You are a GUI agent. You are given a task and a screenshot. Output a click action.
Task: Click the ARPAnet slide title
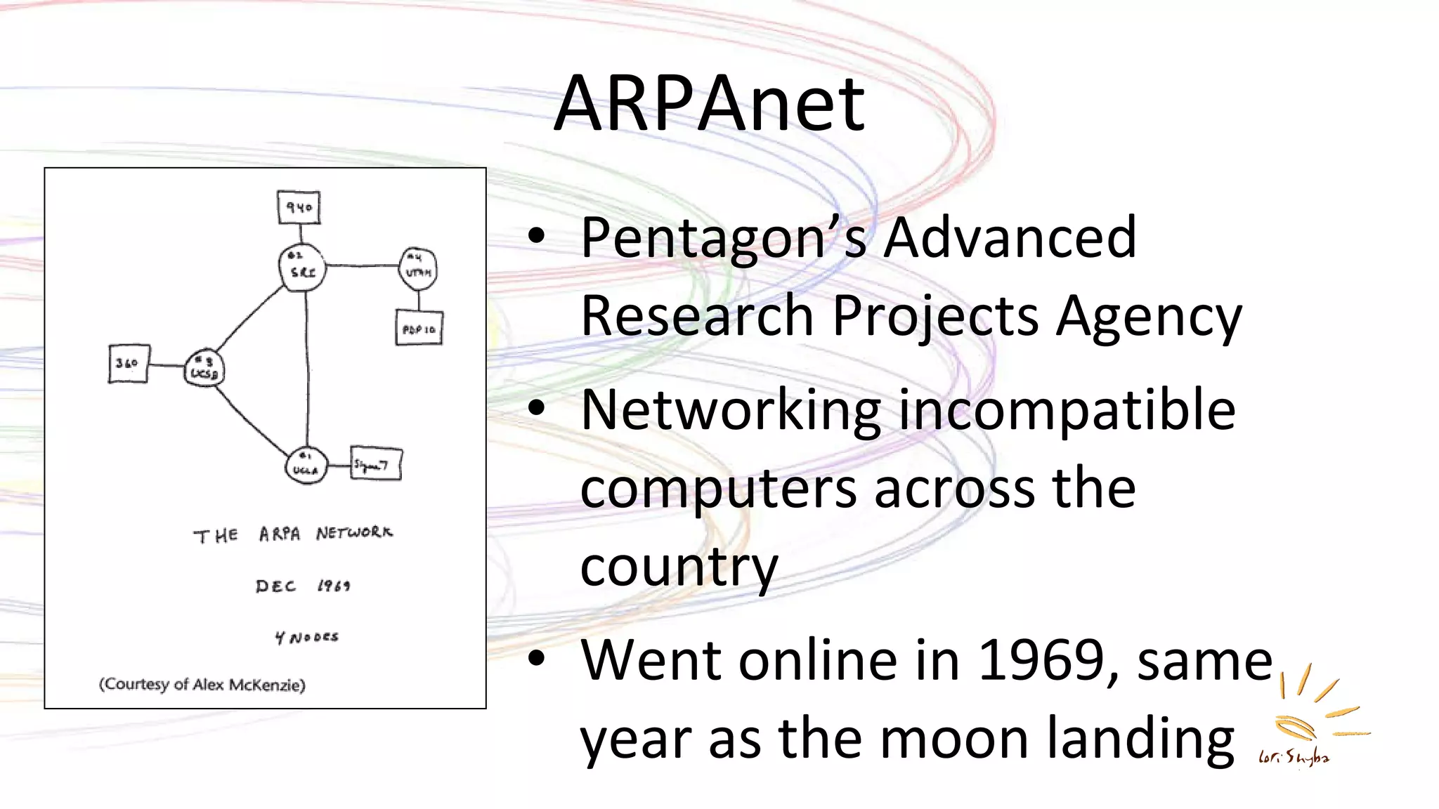point(709,104)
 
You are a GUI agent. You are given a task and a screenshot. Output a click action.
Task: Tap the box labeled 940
point(299,207)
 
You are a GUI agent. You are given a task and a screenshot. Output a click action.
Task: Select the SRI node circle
point(302,268)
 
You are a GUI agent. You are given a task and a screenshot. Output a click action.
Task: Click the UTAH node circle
point(418,268)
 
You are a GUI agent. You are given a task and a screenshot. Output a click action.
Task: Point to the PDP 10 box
point(419,328)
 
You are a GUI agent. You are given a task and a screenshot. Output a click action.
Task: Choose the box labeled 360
point(129,363)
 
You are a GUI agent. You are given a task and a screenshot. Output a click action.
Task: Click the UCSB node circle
point(204,368)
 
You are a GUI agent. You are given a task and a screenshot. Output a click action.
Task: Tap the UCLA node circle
point(306,465)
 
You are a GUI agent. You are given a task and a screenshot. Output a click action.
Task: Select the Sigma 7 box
point(376,464)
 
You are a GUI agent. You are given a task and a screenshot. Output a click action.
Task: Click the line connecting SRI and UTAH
point(362,265)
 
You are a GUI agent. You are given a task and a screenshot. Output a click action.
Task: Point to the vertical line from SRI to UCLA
point(307,365)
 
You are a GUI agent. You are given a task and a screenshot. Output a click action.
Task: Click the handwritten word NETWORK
point(354,533)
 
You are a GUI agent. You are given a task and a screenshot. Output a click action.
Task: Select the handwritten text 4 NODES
point(306,637)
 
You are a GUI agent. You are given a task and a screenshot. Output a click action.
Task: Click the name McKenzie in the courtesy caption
point(266,685)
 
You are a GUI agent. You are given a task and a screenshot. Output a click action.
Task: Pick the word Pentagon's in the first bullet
point(703,239)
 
